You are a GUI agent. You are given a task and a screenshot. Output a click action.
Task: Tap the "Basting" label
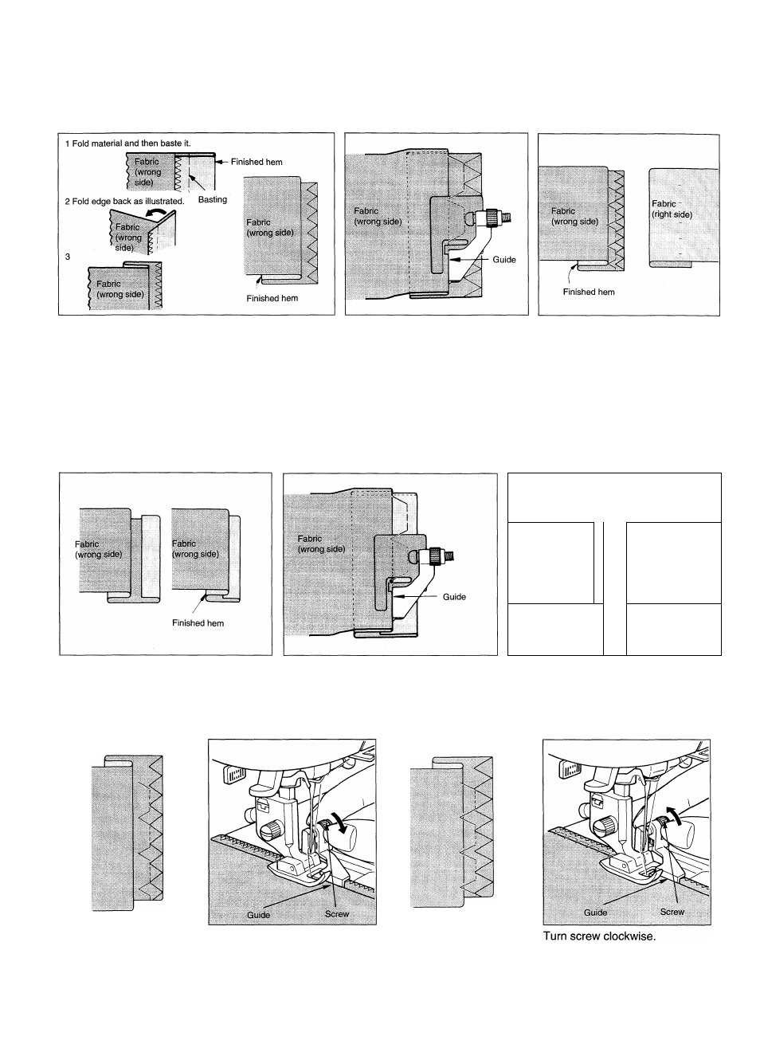pos(213,200)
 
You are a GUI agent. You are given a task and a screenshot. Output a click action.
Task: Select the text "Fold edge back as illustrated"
pos(128,201)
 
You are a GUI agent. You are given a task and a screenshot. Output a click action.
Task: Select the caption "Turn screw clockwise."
pos(599,936)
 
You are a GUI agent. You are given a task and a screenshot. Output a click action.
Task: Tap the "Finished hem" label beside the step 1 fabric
pos(257,162)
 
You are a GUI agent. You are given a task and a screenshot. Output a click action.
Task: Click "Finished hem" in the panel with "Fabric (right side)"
pos(589,292)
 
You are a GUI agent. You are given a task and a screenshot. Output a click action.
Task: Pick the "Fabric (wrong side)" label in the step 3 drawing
pos(119,289)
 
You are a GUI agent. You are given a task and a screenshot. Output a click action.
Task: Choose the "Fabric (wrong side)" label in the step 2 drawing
pos(129,237)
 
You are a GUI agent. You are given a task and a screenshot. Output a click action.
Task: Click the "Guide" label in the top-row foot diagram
pos(504,260)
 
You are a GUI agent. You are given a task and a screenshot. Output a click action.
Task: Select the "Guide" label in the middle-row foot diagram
pos(453,596)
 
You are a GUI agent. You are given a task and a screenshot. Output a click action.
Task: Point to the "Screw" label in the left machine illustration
pos(337,914)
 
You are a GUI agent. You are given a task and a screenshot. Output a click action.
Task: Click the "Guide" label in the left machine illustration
pos(258,915)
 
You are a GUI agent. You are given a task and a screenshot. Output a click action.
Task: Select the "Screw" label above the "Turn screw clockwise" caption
pos(672,912)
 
